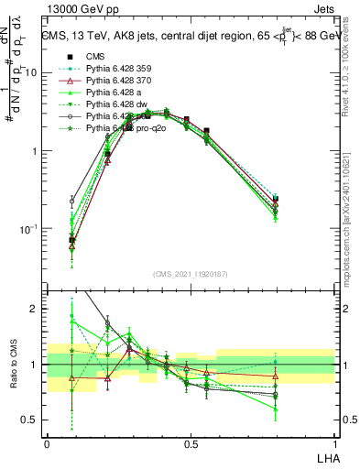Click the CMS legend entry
point(96,55)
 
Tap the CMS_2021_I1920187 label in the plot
point(190,274)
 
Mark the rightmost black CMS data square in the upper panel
point(276,198)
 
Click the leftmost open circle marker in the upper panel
point(72,200)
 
